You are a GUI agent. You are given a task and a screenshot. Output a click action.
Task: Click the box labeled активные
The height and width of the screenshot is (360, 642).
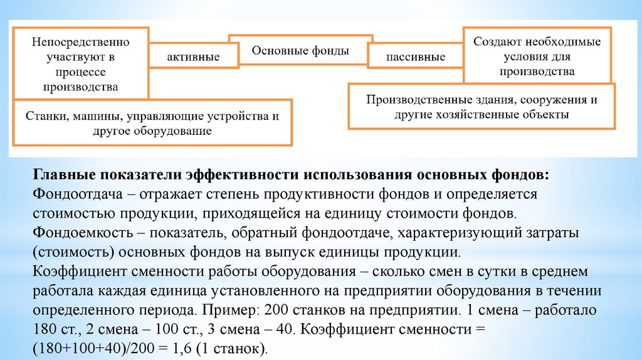[x=192, y=57]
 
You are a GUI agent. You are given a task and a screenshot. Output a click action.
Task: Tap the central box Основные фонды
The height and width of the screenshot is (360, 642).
[x=300, y=51]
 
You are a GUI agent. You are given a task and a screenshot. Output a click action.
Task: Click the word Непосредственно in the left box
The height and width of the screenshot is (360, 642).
[x=80, y=42]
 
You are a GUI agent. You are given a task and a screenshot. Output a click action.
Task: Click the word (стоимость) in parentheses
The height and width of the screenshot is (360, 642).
[x=68, y=253]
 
